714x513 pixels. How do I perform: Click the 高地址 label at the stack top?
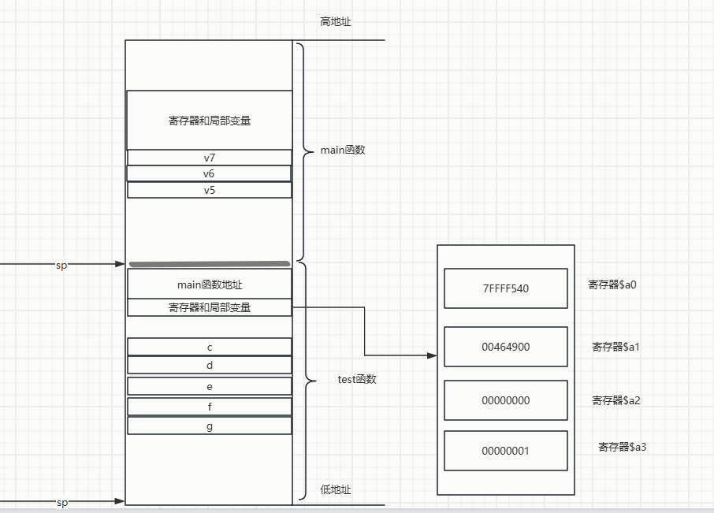tap(335, 22)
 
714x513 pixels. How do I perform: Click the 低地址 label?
tap(335, 489)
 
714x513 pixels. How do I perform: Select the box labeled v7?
tap(209, 158)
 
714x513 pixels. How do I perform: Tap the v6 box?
tap(209, 173)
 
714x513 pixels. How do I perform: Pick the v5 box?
tap(209, 190)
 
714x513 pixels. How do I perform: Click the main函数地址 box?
tap(209, 284)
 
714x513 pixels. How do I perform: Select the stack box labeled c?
tap(209, 347)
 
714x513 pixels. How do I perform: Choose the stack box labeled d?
tap(209, 365)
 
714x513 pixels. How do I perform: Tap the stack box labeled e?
tap(209, 386)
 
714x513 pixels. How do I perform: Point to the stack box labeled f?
tap(209, 407)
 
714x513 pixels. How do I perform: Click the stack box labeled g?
tap(209, 426)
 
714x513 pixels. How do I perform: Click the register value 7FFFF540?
tap(505, 288)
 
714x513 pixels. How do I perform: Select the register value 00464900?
tap(505, 347)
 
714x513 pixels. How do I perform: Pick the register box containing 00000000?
tap(505, 400)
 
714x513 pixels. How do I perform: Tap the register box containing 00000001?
tap(505, 451)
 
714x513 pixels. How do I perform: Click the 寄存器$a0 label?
tap(612, 284)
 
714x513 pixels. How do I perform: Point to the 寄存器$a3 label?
tap(622, 447)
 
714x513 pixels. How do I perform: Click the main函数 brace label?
tap(342, 150)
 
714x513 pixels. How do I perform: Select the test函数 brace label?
tap(357, 379)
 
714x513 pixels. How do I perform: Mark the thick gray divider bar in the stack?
tap(209, 263)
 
